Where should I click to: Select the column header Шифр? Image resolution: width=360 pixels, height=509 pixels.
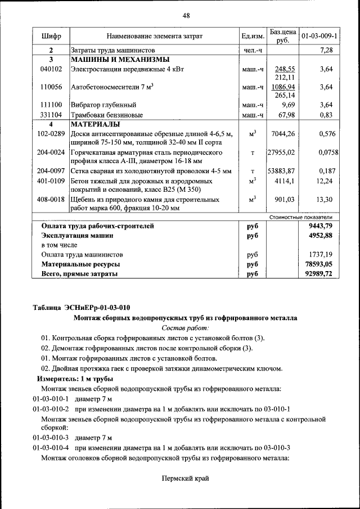[51, 37]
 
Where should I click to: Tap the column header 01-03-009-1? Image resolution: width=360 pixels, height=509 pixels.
[319, 37]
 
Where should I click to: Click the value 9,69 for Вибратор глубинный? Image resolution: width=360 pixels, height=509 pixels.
[288, 105]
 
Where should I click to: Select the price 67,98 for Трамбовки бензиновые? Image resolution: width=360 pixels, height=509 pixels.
[286, 114]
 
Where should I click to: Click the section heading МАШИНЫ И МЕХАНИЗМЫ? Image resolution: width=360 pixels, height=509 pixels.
[120, 60]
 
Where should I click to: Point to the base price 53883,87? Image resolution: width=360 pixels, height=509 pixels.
[281, 170]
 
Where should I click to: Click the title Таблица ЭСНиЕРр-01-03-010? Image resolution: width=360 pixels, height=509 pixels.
[82, 307]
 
